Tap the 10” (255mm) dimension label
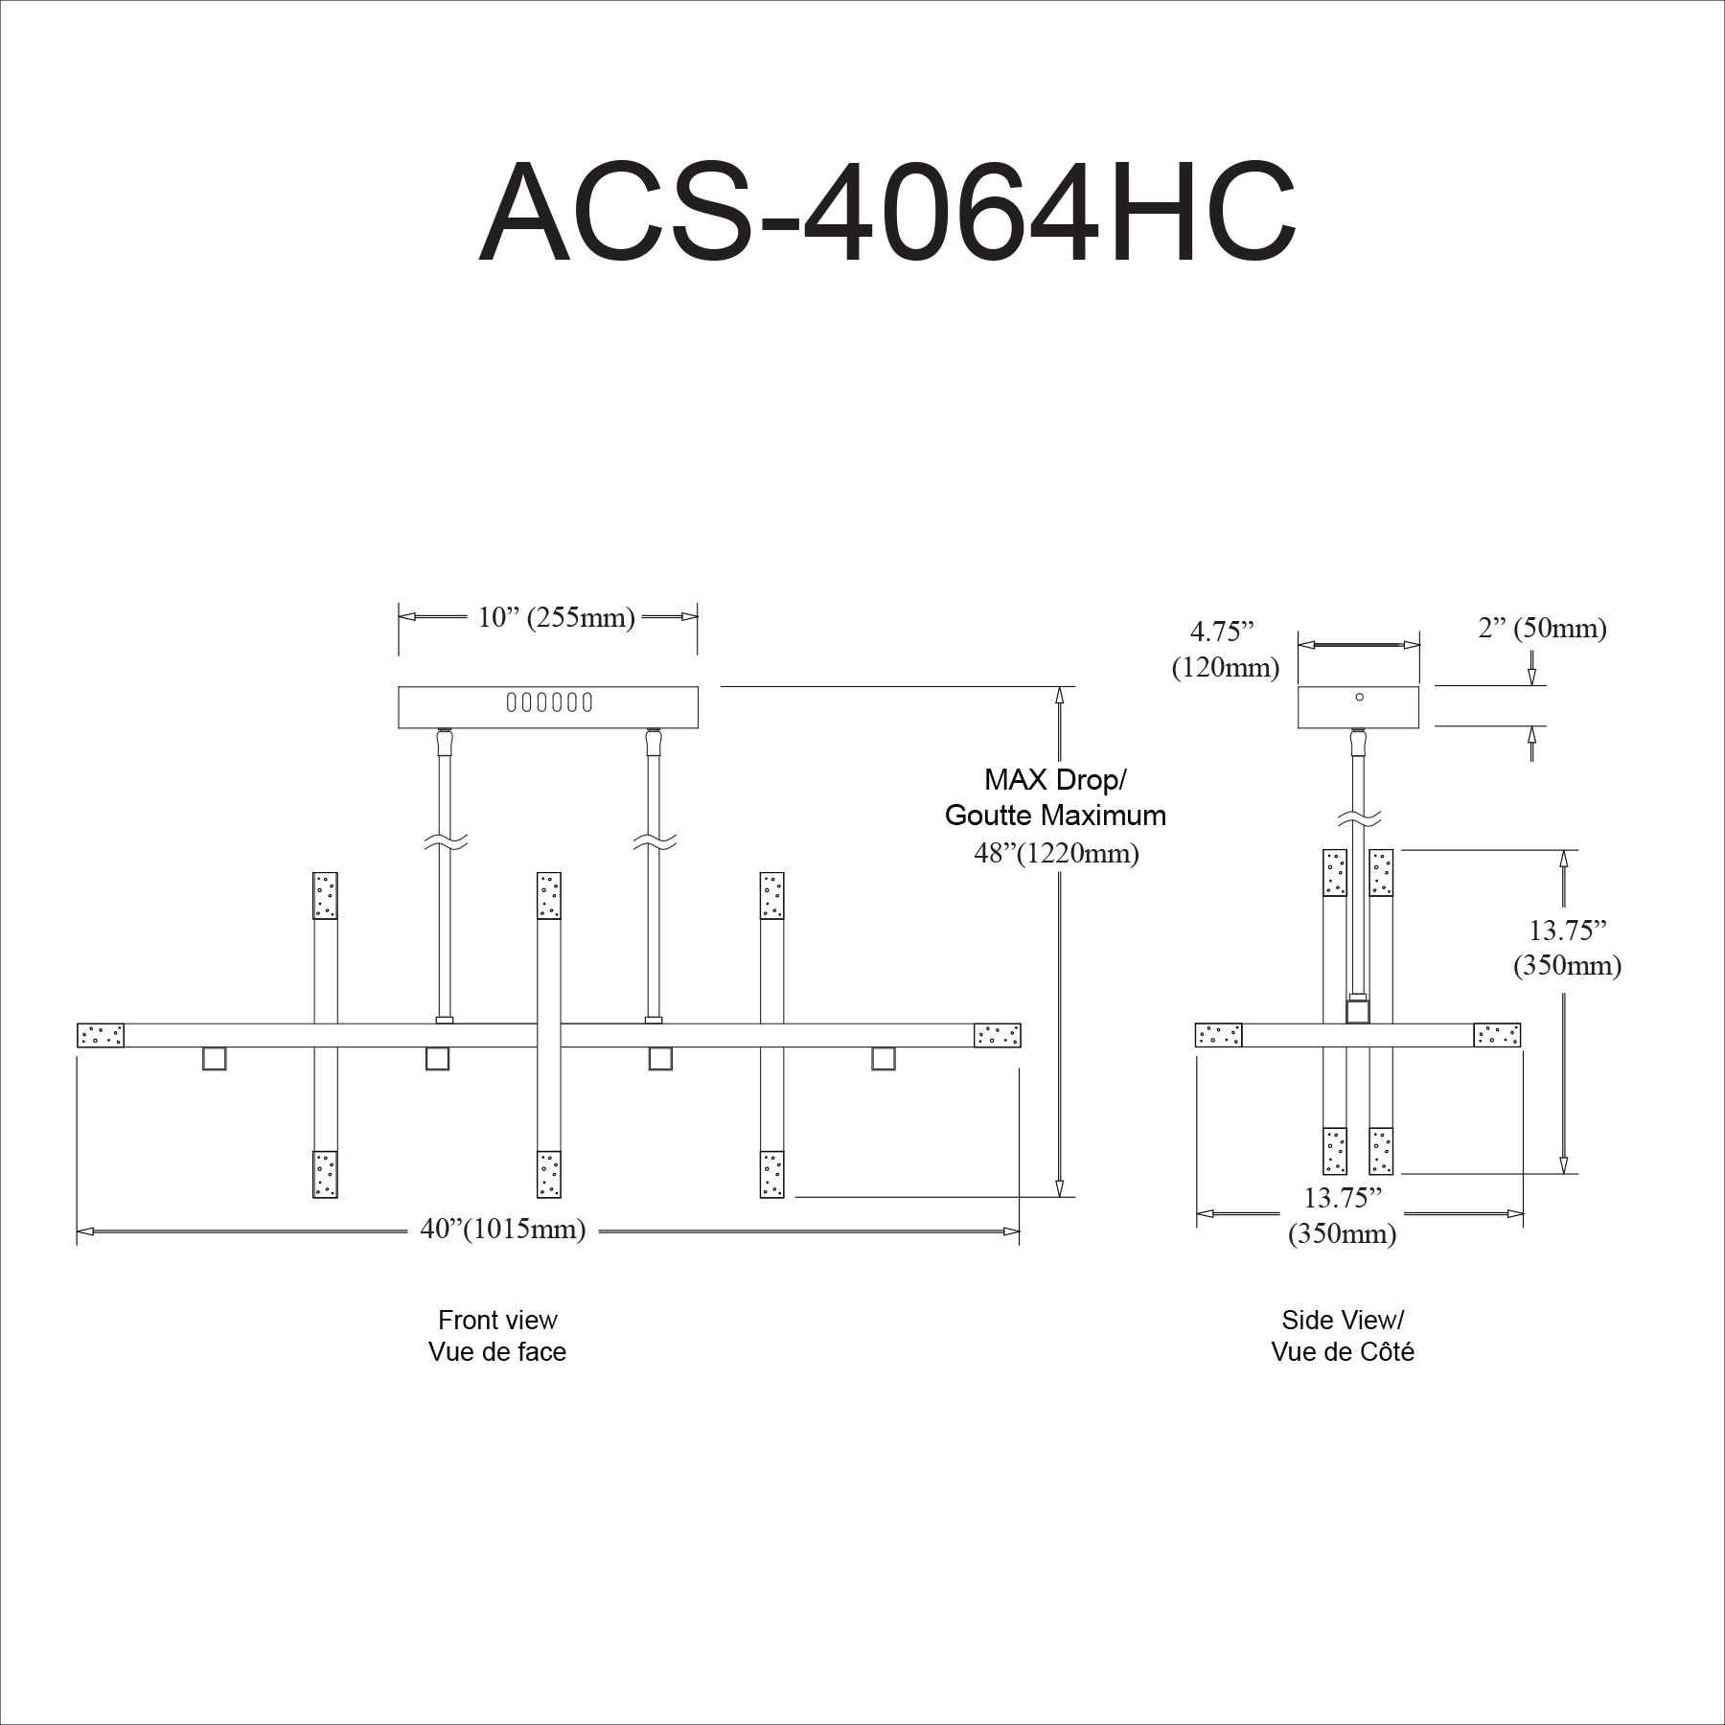coord(557,617)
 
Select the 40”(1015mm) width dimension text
coord(503,1229)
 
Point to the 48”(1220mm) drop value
coord(1057,852)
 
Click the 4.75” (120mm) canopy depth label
coord(1226,649)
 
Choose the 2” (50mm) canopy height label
coord(1542,628)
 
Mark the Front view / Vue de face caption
coord(497,1336)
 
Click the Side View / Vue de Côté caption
coord(1343,1336)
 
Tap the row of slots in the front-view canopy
coord(549,702)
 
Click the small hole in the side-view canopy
coord(1360,697)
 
